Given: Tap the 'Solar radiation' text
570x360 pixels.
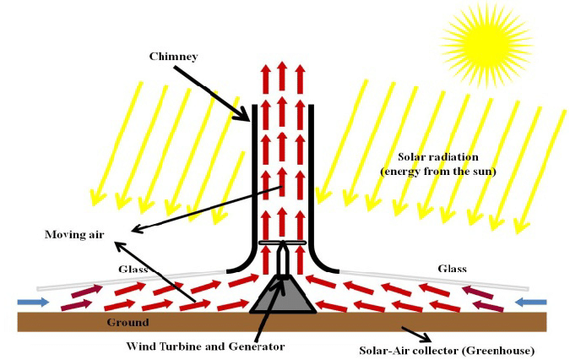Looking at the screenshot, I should [x=437, y=158].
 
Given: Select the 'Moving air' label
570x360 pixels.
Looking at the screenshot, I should [x=74, y=234].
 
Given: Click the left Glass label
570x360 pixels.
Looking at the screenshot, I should [x=133, y=269].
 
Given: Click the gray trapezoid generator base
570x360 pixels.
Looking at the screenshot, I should [x=282, y=296].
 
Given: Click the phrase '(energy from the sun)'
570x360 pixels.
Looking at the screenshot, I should [x=437, y=172].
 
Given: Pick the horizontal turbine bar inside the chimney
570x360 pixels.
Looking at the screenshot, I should [x=281, y=243].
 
